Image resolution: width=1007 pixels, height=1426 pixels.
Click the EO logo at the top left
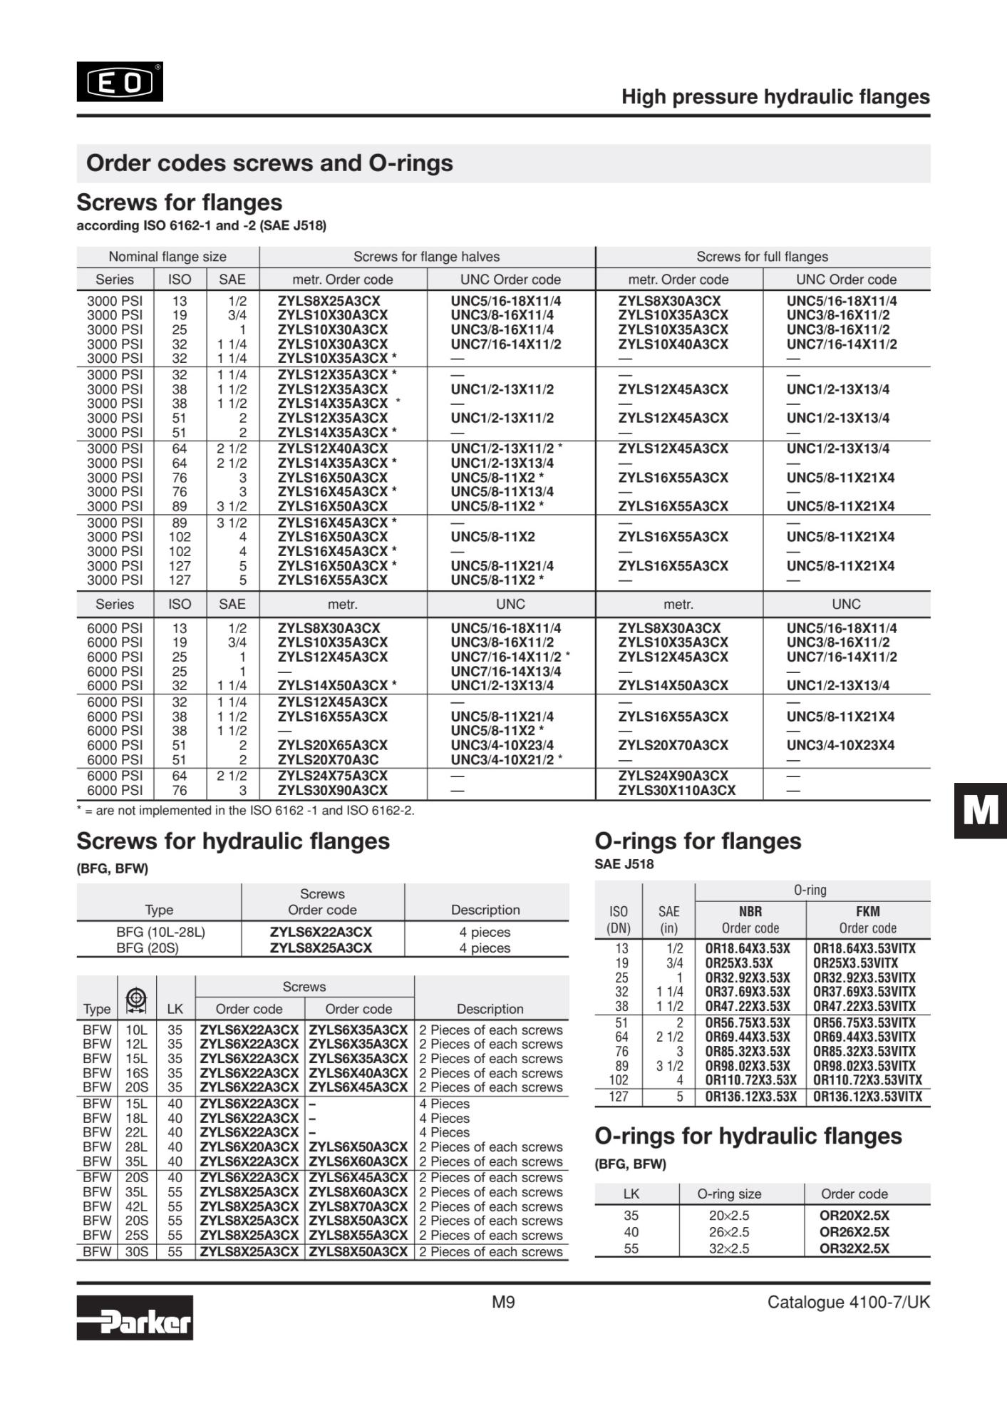(120, 82)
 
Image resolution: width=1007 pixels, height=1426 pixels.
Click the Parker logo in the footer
(135, 1317)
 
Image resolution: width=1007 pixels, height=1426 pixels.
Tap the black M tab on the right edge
(981, 811)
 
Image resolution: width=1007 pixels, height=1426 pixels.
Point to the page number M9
(503, 1302)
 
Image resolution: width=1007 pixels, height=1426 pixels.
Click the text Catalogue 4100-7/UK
(848, 1302)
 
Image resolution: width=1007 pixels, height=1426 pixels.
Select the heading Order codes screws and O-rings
(269, 163)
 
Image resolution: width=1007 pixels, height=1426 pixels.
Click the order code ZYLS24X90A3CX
(673, 776)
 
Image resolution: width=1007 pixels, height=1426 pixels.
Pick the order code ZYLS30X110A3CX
(676, 790)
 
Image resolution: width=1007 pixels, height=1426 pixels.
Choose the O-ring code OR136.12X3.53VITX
(867, 1096)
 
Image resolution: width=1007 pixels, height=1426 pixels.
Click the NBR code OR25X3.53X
(738, 963)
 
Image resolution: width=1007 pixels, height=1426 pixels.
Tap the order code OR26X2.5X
(854, 1231)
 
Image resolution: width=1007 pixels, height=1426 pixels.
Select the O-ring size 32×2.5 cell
(728, 1248)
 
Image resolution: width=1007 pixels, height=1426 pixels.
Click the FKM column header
(867, 911)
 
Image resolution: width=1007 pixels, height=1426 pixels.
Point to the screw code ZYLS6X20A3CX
(249, 1147)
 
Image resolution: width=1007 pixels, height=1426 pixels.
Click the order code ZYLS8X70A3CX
(358, 1206)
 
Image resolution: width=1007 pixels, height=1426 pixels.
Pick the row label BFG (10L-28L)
(160, 932)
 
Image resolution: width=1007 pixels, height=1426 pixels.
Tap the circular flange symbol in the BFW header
(136, 999)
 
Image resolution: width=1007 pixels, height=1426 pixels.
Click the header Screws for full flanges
(762, 257)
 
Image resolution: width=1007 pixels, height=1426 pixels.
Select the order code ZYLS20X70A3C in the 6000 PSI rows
(328, 759)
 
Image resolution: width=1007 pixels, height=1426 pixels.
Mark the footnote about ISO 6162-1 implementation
(245, 811)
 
